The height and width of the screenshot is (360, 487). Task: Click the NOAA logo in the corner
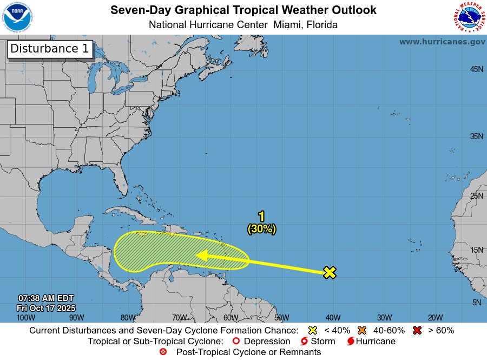tap(18, 17)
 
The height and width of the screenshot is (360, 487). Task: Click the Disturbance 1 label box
tap(50, 49)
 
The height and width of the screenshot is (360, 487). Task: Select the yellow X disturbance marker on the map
tap(330, 272)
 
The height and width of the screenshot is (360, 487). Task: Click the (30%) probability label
tap(262, 229)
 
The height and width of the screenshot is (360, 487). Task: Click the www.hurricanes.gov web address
tap(442, 42)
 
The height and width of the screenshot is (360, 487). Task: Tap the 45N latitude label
tap(476, 69)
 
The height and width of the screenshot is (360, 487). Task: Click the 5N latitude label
tap(477, 303)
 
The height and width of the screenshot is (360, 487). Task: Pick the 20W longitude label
tap(435, 317)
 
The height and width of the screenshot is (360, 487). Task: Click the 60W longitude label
tap(231, 317)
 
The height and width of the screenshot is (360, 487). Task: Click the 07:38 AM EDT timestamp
tap(46, 298)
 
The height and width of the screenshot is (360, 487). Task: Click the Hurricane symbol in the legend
tap(351, 341)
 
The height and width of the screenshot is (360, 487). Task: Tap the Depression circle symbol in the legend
tap(235, 341)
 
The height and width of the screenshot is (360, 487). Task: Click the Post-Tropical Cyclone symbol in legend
tap(163, 352)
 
